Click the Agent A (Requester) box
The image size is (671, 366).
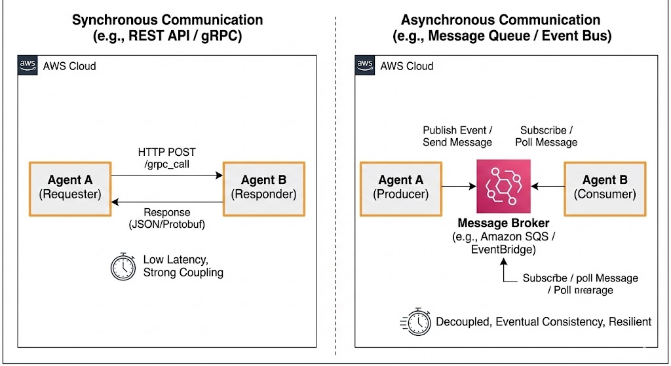pos(70,187)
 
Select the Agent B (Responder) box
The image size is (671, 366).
pos(263,187)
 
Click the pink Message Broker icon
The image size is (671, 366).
pos(503,186)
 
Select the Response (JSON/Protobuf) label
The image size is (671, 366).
pos(168,219)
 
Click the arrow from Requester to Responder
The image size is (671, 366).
pos(166,175)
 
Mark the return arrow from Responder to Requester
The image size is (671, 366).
pos(166,202)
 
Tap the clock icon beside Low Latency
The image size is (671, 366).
pos(123,266)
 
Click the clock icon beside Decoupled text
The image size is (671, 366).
pos(415,321)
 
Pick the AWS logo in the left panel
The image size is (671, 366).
pos(27,65)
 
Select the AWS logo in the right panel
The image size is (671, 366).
pos(364,65)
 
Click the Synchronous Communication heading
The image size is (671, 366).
pos(167,20)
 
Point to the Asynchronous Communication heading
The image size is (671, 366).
pos(501,20)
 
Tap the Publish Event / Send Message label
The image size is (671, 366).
pos(457,136)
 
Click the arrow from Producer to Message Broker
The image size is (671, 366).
pos(458,187)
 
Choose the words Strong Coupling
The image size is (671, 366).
pos(183,272)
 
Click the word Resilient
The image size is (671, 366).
pos(629,321)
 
